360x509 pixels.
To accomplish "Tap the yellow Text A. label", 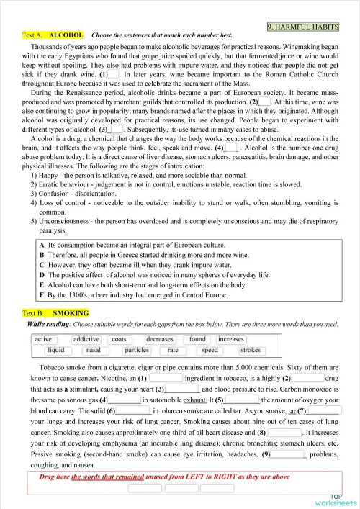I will [x=33, y=35].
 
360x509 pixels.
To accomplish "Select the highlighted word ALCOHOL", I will [x=66, y=35].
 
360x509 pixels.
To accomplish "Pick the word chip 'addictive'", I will [x=87, y=339].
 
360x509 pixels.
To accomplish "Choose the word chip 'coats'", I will [x=120, y=339].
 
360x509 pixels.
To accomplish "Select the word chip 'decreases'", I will [x=159, y=339].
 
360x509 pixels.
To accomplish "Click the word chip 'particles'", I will [x=136, y=351].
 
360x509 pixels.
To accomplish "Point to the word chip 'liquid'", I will [x=55, y=351].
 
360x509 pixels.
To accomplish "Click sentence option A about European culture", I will [x=115, y=246].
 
